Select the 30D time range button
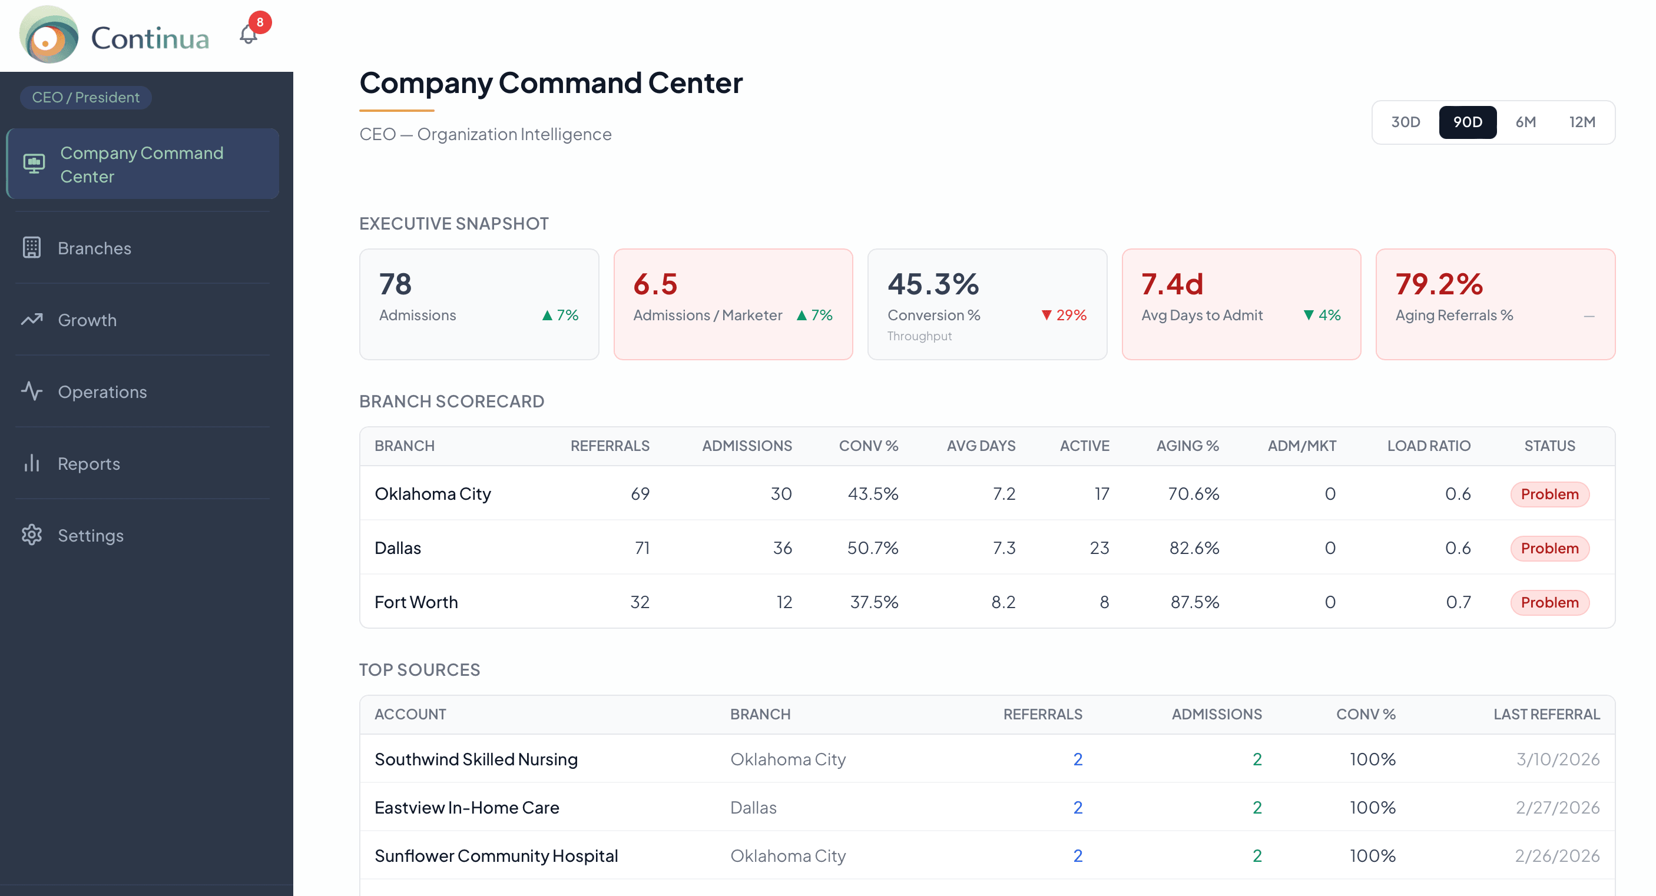point(1405,122)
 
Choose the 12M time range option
point(1581,122)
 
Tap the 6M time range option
point(1525,122)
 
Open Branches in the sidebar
point(94,248)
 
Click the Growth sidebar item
point(87,320)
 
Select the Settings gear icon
point(31,535)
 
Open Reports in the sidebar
point(89,463)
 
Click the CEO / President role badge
point(85,98)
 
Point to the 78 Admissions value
point(395,284)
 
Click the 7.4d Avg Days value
point(1172,284)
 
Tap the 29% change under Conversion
point(1065,315)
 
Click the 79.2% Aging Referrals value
point(1439,284)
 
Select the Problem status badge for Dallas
point(1549,548)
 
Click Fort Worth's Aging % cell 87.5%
point(1194,602)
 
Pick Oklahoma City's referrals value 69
point(640,494)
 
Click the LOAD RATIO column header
point(1429,446)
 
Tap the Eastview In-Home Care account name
point(467,807)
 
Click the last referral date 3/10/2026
point(1558,759)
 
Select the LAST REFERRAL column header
point(1546,714)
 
